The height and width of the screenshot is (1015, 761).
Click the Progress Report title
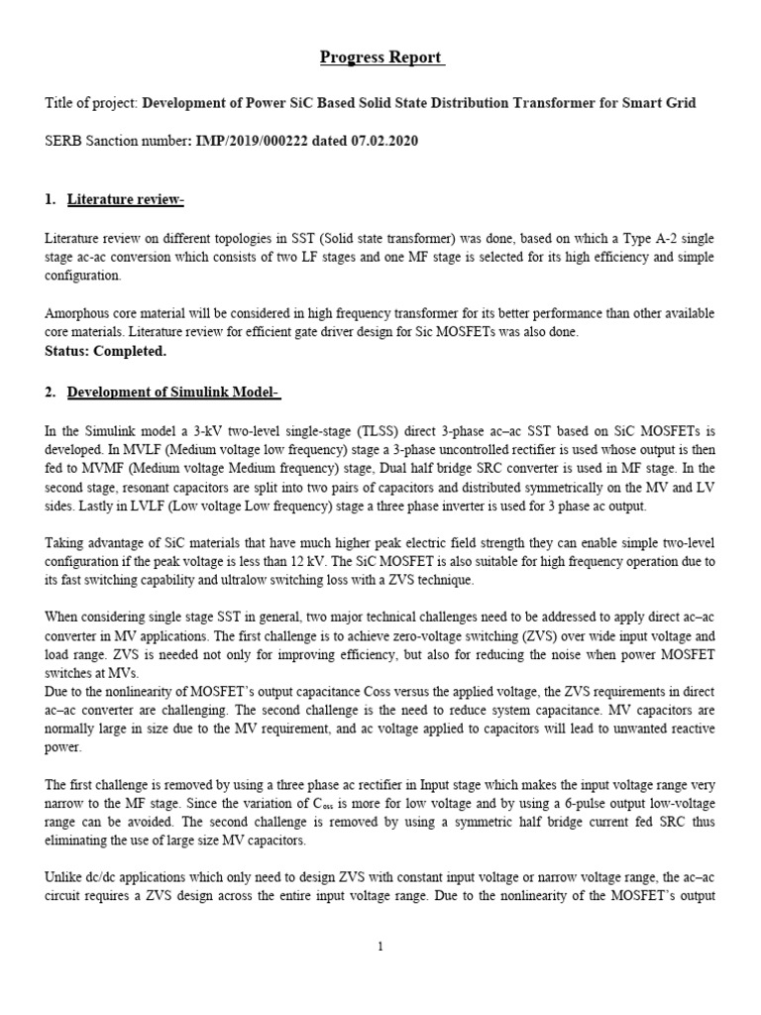pos(381,57)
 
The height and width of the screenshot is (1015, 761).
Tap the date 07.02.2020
pos(382,142)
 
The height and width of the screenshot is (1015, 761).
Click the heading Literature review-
pos(126,201)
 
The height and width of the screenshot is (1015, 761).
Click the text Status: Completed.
pos(106,351)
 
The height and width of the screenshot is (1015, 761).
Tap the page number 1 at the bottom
pos(380,948)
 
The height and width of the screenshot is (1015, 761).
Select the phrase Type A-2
pos(612,240)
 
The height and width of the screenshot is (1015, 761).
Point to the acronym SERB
pos(67,142)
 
